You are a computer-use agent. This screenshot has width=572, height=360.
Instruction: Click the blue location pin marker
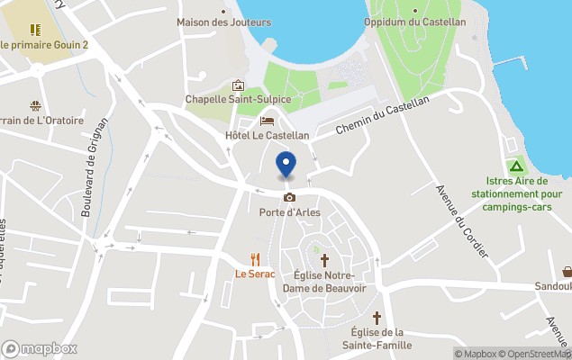pos(286,165)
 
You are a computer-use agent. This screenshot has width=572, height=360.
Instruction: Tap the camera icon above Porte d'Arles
pos(289,197)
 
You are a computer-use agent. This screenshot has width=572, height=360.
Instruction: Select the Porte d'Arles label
pos(289,212)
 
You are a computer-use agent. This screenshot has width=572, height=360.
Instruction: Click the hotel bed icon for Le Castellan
pos(267,121)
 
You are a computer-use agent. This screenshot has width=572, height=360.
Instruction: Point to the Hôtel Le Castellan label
pos(267,135)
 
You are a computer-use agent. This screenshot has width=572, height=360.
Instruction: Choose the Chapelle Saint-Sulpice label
pos(237,99)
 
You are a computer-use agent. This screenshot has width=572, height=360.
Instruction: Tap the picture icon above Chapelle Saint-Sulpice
pos(238,85)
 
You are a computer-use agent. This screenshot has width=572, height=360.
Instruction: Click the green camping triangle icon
pos(517,166)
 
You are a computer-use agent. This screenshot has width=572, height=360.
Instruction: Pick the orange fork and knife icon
pos(255,258)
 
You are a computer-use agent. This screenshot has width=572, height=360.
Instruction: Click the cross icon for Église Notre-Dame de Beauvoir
pos(324,259)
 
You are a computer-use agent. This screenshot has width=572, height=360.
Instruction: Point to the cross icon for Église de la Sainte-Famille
pos(377,318)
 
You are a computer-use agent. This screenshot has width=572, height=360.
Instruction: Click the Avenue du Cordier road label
pos(461,220)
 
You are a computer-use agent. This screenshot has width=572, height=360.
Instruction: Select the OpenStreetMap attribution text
pos(534,354)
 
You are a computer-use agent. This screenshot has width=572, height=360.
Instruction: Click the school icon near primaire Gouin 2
pos(35,30)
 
